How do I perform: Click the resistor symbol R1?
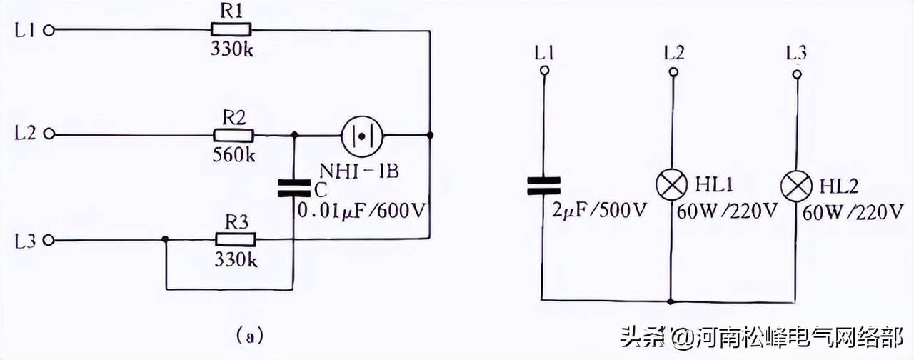pos(231,30)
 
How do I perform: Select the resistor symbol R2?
pos(233,134)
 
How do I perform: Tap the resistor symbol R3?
pos(235,240)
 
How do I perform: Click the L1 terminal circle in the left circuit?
pos(49,30)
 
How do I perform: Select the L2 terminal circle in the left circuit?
pos(49,134)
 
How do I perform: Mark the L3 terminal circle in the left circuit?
pos(49,241)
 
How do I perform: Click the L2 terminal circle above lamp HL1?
pos(671,71)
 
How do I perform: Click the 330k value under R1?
pos(231,50)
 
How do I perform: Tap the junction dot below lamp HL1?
pos(671,300)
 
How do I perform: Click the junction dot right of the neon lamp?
pos(429,134)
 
